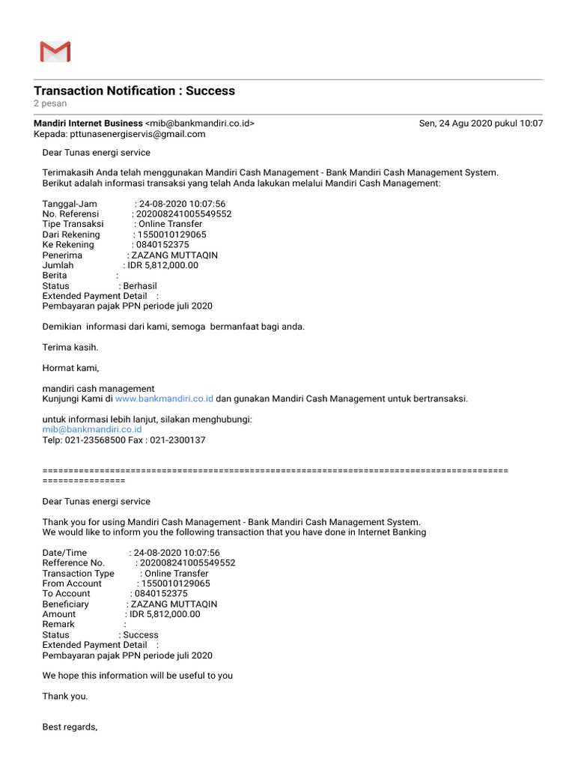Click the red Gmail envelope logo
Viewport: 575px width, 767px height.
55,52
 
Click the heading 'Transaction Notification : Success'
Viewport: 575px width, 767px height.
134,91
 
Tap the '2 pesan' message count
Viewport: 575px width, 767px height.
50,103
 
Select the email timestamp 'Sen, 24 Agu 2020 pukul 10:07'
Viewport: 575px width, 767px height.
481,124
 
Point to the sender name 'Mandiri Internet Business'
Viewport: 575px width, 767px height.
88,124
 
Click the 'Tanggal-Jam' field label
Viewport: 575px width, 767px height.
70,204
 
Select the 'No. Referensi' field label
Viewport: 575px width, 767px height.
70,214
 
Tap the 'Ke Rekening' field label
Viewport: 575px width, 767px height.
68,245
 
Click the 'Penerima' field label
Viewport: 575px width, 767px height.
62,255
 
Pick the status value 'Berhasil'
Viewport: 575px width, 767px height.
140,286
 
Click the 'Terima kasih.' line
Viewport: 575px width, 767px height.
70,348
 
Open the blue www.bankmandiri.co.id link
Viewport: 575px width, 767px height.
164,399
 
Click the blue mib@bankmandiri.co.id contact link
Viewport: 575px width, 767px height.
92,430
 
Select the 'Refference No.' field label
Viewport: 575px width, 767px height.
73,563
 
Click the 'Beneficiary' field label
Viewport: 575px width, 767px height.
65,604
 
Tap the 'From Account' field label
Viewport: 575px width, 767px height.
72,583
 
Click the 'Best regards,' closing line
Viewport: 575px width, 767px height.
70,727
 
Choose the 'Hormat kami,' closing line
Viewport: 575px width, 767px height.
70,368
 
